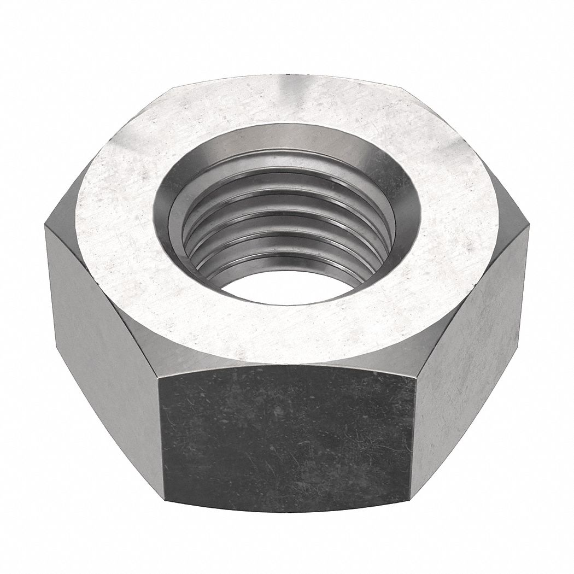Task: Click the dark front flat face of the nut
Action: [287, 437]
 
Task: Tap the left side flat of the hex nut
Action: [101, 339]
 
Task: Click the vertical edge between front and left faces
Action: [161, 437]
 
